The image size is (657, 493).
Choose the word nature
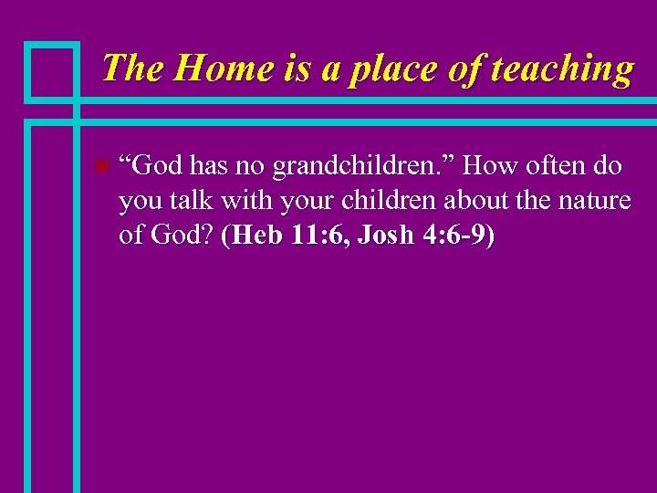pos(593,201)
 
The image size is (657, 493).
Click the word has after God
pos(206,166)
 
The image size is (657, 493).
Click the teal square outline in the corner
pos(51,70)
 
